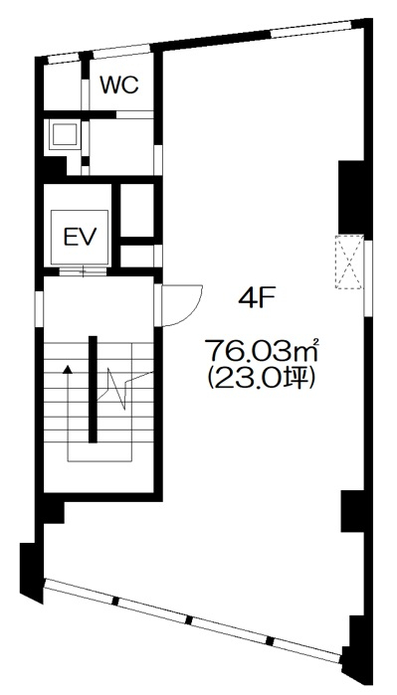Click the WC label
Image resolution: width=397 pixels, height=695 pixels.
click(x=119, y=86)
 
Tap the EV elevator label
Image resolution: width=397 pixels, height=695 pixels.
click(x=80, y=237)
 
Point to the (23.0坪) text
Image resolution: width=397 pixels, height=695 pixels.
click(x=262, y=380)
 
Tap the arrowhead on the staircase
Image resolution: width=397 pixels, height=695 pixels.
click(x=68, y=368)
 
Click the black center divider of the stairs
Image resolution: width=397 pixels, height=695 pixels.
click(x=93, y=389)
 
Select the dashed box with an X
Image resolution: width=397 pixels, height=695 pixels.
click(x=349, y=262)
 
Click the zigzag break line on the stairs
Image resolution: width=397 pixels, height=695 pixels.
click(x=125, y=384)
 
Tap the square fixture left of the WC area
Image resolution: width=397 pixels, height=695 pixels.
click(x=64, y=135)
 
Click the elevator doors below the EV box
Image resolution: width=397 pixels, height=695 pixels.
click(x=84, y=271)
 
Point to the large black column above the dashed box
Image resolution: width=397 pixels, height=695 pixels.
click(x=351, y=197)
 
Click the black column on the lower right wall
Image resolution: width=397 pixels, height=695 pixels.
click(x=353, y=511)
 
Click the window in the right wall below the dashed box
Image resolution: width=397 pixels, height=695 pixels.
click(x=368, y=278)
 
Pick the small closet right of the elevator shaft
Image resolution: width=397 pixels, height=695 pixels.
click(x=137, y=210)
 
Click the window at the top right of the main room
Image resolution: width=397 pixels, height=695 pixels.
click(x=310, y=30)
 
